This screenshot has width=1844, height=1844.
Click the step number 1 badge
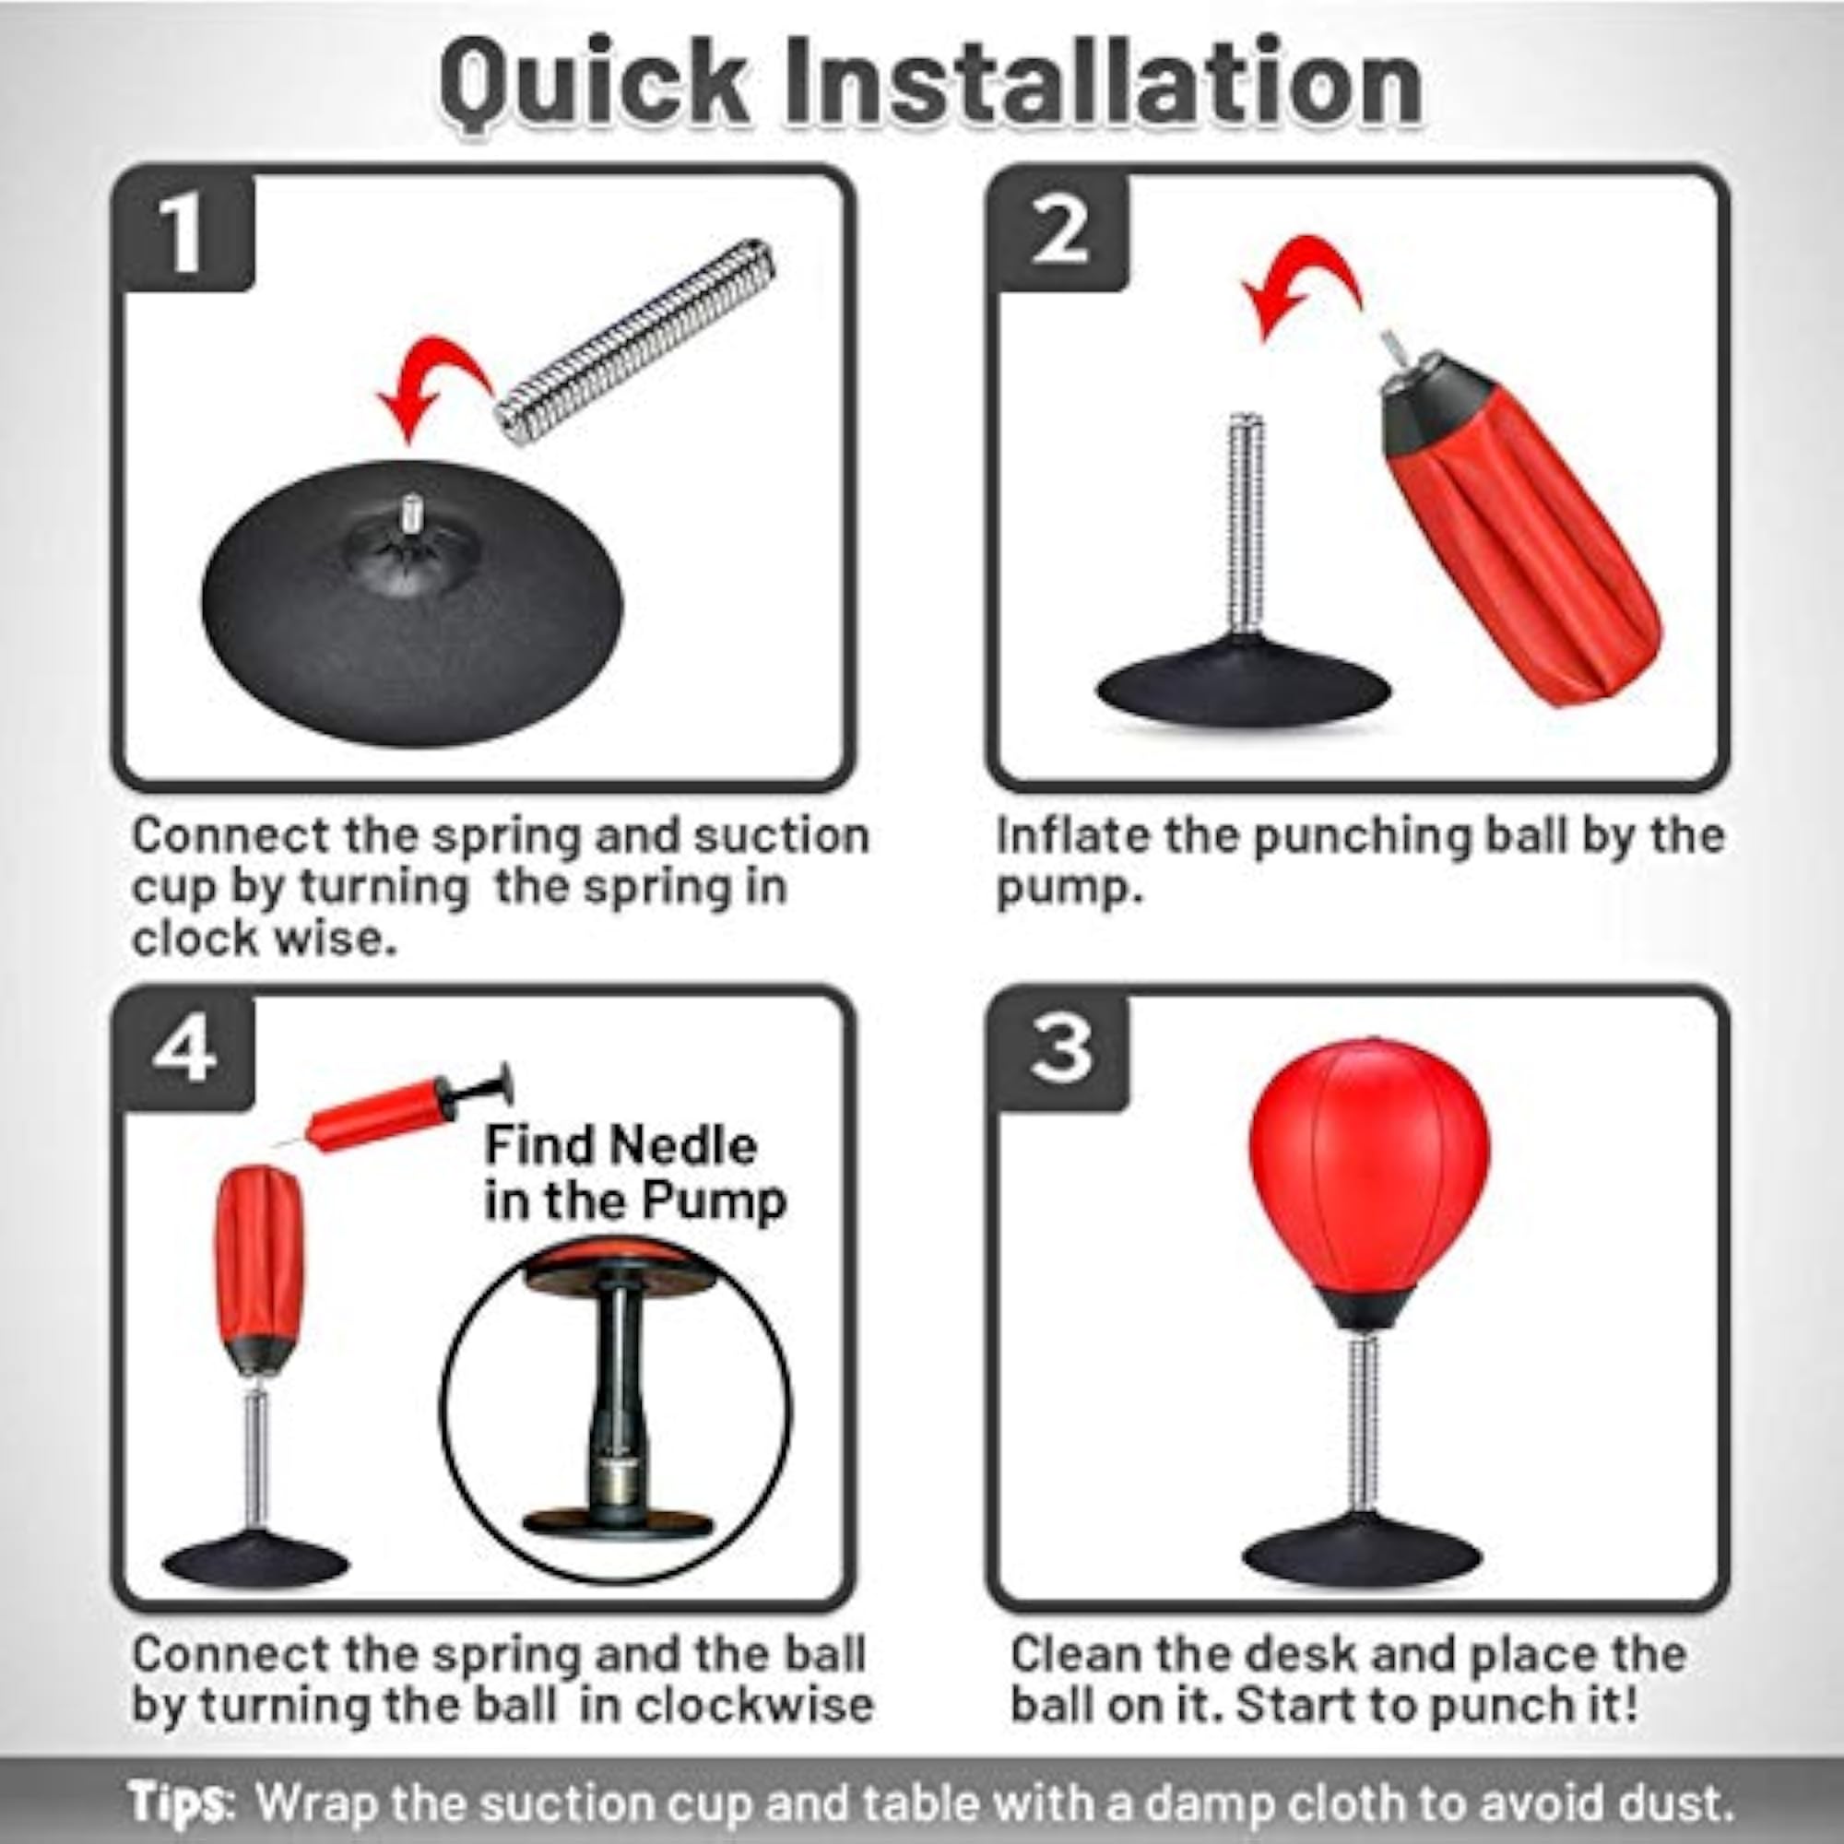[183, 232]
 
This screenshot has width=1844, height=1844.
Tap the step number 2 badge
[1059, 232]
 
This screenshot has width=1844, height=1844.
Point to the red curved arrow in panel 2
[1303, 277]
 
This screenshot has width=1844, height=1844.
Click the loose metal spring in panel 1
[635, 342]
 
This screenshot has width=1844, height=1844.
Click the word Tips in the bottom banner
[180, 1800]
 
